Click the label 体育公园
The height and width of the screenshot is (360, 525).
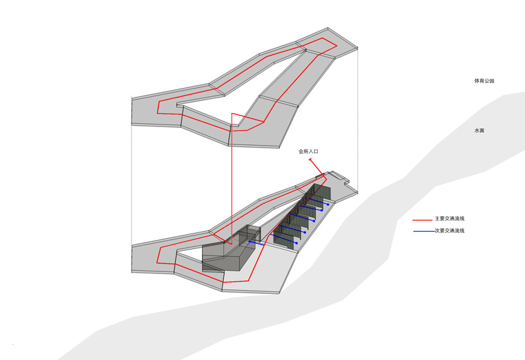tap(484, 81)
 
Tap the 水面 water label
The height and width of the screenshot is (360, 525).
tap(479, 130)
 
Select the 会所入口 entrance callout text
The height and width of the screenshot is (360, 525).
tap(308, 151)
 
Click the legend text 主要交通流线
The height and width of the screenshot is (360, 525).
tap(450, 219)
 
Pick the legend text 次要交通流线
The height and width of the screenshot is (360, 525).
tap(450, 230)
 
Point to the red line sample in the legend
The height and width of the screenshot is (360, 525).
tap(422, 220)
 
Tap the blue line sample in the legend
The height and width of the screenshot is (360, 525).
tap(424, 232)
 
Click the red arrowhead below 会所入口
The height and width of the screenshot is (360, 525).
tap(311, 160)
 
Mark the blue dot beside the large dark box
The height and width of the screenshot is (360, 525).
tap(250, 241)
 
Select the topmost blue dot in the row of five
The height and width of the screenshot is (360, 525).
tap(328, 204)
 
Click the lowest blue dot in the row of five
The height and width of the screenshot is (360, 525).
tap(297, 243)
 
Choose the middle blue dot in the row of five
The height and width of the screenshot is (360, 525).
tap(314, 221)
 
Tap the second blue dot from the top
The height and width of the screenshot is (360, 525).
tap(322, 210)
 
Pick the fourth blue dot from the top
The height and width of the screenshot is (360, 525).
tap(305, 232)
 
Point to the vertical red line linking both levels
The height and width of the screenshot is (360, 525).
tap(231, 178)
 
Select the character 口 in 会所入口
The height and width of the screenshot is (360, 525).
tap(316, 151)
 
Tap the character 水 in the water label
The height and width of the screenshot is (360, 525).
tap(477, 130)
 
